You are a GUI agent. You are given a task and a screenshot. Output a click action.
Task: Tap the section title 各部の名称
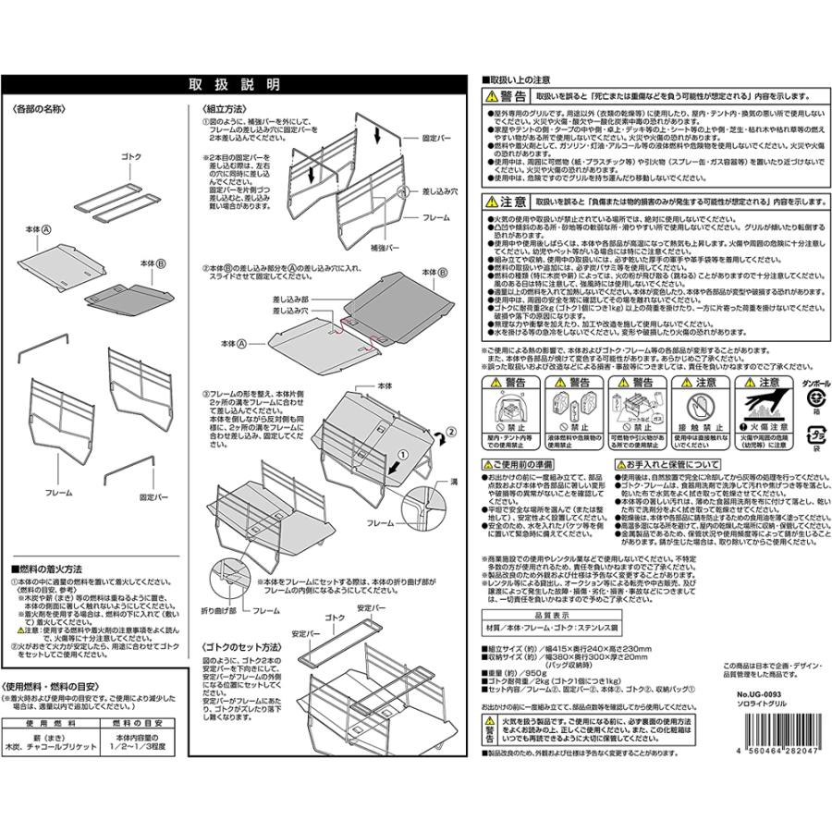[41, 109]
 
